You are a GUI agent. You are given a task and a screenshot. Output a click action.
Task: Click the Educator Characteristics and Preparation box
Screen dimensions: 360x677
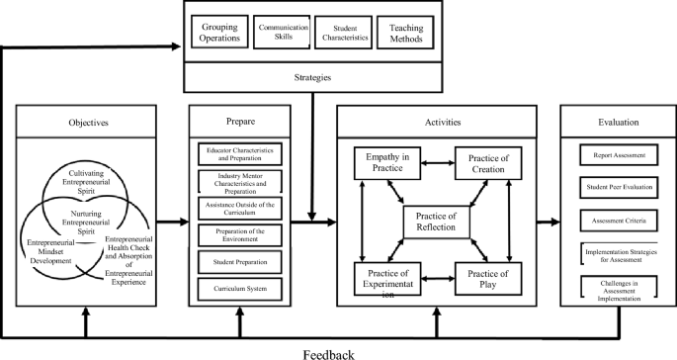click(241, 154)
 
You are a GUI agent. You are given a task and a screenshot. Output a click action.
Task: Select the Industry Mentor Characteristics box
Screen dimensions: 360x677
click(241, 182)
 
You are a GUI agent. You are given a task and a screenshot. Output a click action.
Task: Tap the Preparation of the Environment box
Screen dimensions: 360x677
click(241, 235)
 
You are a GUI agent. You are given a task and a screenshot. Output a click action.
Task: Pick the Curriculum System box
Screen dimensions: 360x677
click(241, 289)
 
